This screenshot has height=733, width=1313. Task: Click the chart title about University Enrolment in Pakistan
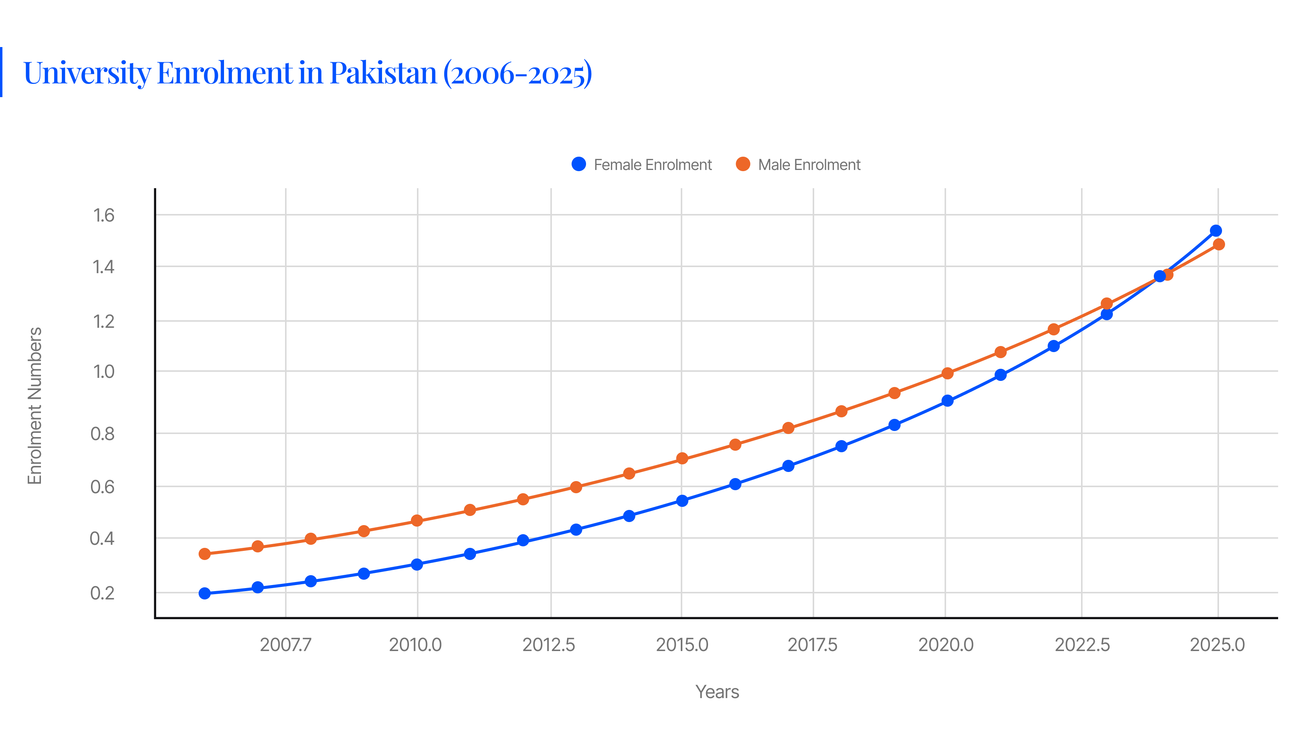(x=307, y=72)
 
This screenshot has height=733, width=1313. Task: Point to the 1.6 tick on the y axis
(x=103, y=215)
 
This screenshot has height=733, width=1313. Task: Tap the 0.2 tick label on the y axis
(x=102, y=593)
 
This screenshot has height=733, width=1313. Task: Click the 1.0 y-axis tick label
(x=103, y=371)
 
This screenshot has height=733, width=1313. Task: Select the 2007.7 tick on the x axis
(x=285, y=645)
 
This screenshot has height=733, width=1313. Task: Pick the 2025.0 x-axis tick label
(x=1217, y=645)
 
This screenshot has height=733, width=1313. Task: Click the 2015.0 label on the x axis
(x=682, y=645)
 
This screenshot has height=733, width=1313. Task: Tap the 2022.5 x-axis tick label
(x=1081, y=645)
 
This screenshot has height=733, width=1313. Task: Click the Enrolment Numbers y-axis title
(x=34, y=406)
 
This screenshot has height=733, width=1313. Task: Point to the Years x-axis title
(x=717, y=692)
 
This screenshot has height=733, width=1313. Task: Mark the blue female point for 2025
(x=1216, y=231)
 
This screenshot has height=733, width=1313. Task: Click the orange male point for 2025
(x=1219, y=244)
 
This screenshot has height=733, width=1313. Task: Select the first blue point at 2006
(x=204, y=593)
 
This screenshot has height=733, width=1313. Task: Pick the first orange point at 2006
(x=204, y=554)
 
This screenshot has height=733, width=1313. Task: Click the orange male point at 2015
(x=682, y=459)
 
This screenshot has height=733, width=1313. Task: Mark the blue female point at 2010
(x=417, y=565)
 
